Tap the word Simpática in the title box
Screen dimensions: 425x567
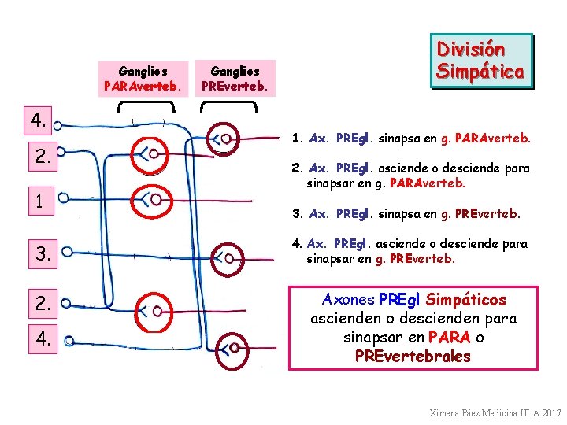pos(480,72)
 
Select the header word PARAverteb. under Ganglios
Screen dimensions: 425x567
pos(143,85)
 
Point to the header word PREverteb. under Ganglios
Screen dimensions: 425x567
pos(235,85)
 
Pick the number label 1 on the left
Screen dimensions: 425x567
pos(39,201)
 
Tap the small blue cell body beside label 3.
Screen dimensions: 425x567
pos(67,252)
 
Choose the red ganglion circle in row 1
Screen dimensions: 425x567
pos(150,199)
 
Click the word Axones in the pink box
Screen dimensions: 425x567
pos(349,300)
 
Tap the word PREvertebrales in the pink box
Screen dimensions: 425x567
pos(413,357)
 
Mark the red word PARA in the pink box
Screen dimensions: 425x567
pos(449,338)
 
